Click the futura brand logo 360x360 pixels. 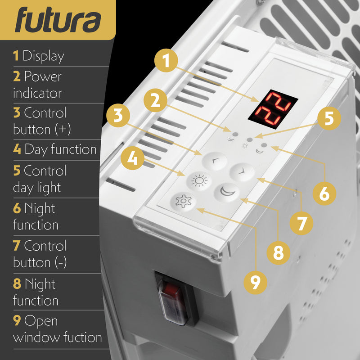(58, 20)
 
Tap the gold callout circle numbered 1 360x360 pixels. (167, 60)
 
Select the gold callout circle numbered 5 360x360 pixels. (329, 118)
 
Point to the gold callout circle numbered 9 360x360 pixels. (255, 282)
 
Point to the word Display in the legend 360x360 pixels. (43, 56)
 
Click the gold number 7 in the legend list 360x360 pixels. (17, 246)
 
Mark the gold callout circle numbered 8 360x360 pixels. (279, 252)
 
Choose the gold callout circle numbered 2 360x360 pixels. (156, 101)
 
